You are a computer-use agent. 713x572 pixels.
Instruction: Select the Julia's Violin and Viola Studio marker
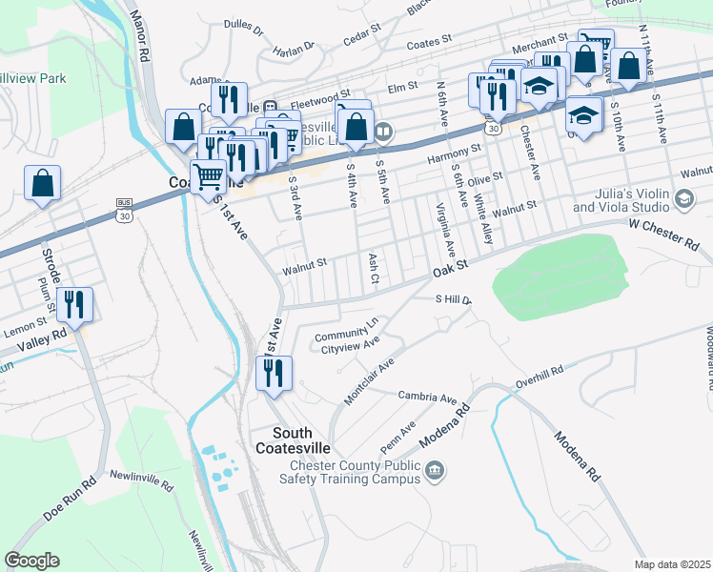click(x=682, y=198)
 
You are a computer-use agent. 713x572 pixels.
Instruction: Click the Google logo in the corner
click(x=31, y=561)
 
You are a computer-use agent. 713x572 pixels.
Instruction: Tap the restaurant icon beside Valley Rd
click(x=73, y=305)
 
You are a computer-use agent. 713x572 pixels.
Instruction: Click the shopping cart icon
click(x=207, y=175)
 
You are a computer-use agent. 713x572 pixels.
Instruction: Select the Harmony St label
click(x=455, y=153)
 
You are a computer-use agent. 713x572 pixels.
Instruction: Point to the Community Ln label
click(x=346, y=329)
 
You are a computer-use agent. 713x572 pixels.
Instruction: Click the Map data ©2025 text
click(x=672, y=563)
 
